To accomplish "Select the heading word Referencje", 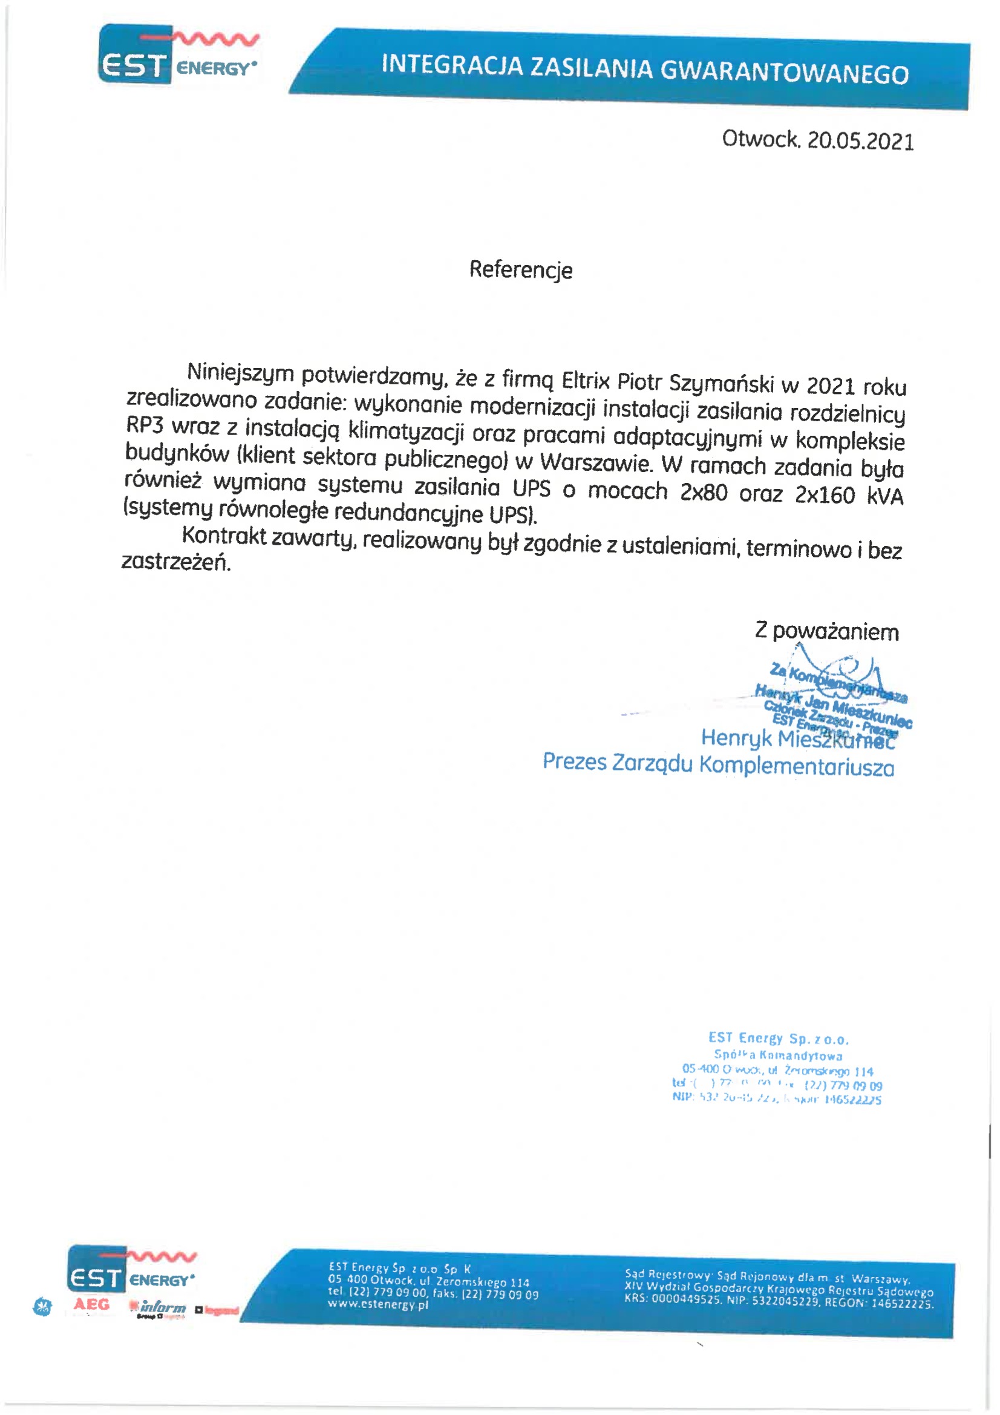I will pyautogui.click(x=521, y=270).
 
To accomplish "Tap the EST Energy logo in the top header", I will pyautogui.click(x=178, y=56).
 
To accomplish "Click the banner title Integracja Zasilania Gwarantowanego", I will pyautogui.click(x=644, y=69).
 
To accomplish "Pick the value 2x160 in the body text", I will pyautogui.click(x=825, y=495).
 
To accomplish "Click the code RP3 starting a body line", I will pyautogui.click(x=145, y=425).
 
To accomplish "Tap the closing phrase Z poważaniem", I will pyautogui.click(x=826, y=632).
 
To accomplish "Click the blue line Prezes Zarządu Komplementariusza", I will pyautogui.click(x=718, y=764).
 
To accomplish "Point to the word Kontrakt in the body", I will pyautogui.click(x=224, y=536).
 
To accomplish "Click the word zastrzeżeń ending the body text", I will pyautogui.click(x=176, y=562).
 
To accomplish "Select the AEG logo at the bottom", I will pyautogui.click(x=91, y=1304).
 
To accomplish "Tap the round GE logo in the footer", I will pyautogui.click(x=42, y=1307).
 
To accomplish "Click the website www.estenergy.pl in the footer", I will pyautogui.click(x=377, y=1304).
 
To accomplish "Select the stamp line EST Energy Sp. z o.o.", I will pyautogui.click(x=778, y=1039).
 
